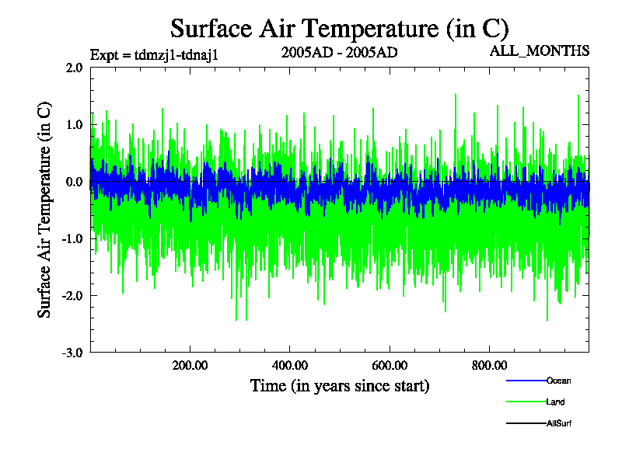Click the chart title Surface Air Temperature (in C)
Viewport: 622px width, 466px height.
(339, 29)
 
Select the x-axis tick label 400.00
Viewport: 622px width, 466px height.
(290, 365)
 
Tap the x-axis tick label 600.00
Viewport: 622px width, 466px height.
(390, 365)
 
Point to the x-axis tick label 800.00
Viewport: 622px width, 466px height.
(490, 365)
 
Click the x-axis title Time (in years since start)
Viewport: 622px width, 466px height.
(340, 385)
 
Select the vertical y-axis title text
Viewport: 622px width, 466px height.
(46, 210)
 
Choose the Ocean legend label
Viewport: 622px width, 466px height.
(559, 381)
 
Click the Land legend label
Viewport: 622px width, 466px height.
(556, 402)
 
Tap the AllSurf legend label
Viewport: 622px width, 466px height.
(560, 423)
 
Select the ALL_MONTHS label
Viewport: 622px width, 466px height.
(539, 51)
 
